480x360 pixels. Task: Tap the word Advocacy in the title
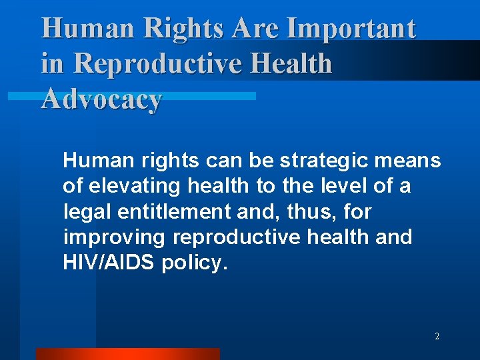click(x=101, y=99)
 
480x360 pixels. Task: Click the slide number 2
click(x=437, y=337)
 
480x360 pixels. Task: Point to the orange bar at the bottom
click(x=127, y=354)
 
